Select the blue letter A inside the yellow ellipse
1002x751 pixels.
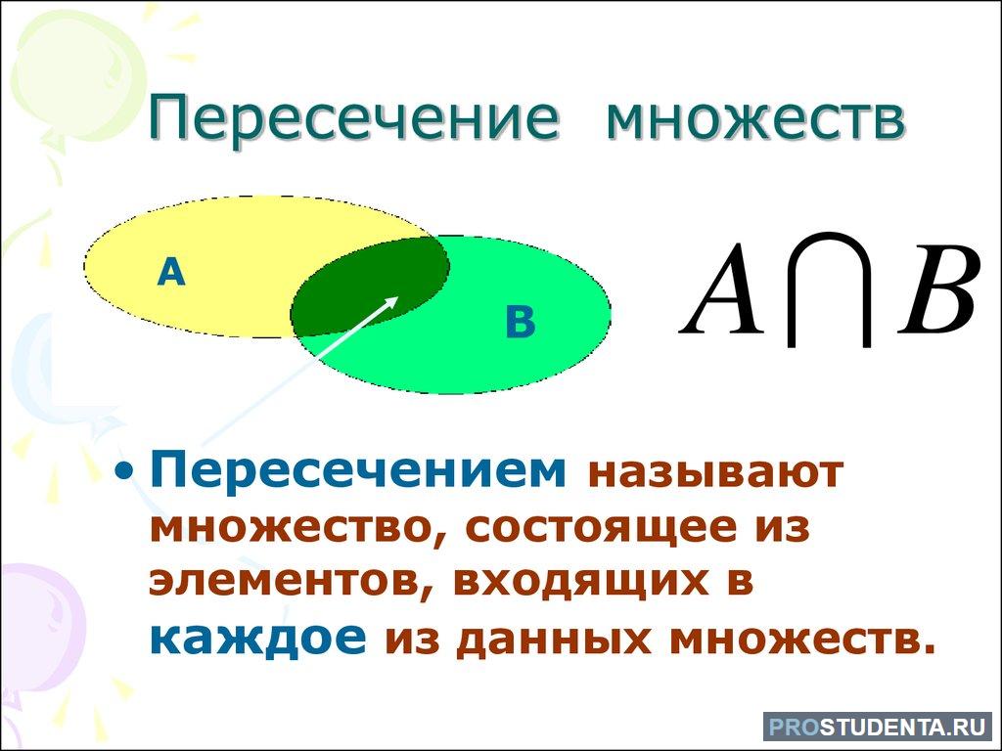(x=171, y=272)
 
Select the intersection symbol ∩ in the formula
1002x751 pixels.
(x=831, y=289)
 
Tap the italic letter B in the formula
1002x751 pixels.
(x=939, y=289)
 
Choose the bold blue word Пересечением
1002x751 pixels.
(x=358, y=471)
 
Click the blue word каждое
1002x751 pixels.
(x=257, y=638)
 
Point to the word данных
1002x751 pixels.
(x=554, y=640)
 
